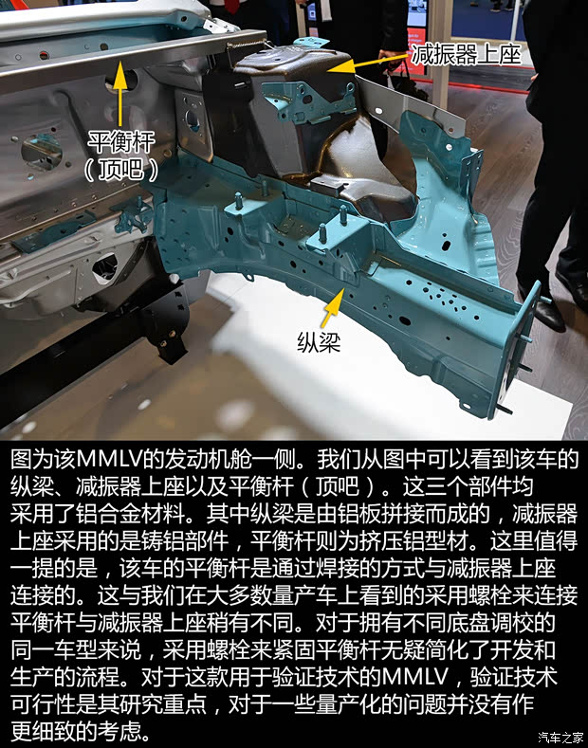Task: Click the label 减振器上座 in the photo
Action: pyautogui.click(x=466, y=53)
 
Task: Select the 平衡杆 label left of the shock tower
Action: pyautogui.click(x=120, y=140)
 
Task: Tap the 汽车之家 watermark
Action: pyautogui.click(x=559, y=737)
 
